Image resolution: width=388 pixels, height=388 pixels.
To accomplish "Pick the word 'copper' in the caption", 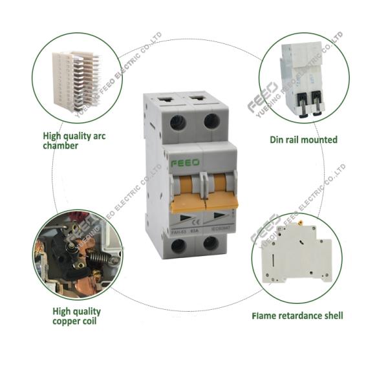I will coord(64,321).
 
